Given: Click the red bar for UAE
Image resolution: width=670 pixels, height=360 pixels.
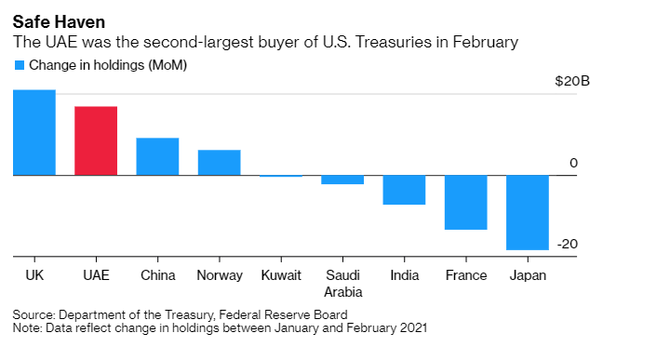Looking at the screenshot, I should click(96, 140).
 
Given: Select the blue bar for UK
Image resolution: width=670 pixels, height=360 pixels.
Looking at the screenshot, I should click(34, 132).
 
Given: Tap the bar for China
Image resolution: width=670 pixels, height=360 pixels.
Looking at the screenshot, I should click(157, 156).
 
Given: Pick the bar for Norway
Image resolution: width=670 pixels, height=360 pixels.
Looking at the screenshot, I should click(219, 162).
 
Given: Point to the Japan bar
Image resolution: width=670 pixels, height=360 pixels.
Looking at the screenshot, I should click(527, 212).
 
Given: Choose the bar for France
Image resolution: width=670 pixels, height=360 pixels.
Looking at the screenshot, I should click(465, 202).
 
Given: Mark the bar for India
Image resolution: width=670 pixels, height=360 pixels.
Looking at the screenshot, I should click(404, 190).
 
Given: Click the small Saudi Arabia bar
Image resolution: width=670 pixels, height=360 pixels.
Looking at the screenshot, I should click(342, 180).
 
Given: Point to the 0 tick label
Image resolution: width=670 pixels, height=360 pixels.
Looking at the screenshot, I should click(574, 163).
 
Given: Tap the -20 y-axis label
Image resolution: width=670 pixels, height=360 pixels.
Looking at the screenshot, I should click(568, 244).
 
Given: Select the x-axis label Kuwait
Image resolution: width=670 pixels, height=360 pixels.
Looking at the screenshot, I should click(281, 275).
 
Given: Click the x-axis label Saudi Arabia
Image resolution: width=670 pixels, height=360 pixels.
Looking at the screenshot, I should click(342, 283).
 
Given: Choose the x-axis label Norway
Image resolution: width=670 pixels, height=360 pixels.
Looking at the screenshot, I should click(220, 275).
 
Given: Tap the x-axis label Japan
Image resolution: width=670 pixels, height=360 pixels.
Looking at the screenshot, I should click(528, 275).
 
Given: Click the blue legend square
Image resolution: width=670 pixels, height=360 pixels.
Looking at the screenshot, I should click(19, 65).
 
